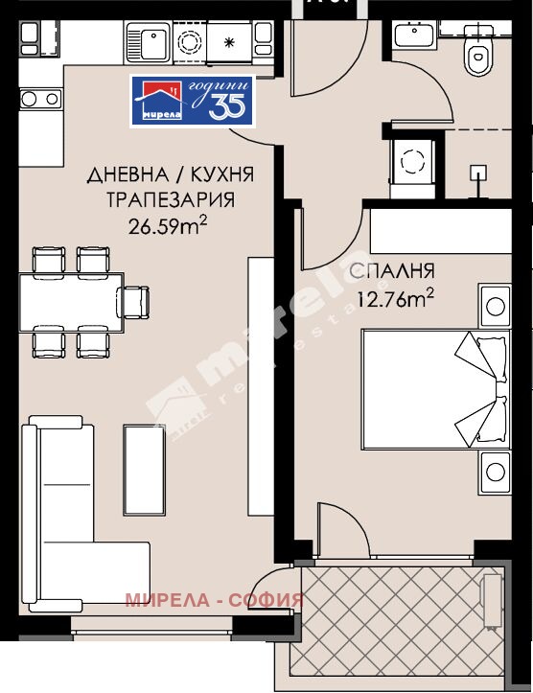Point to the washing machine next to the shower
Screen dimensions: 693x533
tap(414, 161)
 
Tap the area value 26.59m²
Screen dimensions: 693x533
tap(169, 226)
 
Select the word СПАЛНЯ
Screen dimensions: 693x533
tap(393, 270)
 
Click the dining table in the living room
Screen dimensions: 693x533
tap(71, 302)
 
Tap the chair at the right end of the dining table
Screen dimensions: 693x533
tap(138, 301)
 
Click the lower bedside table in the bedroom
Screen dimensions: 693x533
tap(495, 470)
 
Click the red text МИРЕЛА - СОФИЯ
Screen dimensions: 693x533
tap(214, 600)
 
